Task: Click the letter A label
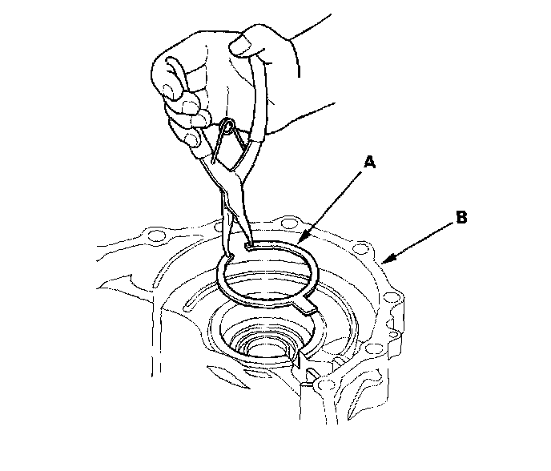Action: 368,163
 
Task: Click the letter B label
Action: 461,216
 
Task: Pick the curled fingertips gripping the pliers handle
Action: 180,104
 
